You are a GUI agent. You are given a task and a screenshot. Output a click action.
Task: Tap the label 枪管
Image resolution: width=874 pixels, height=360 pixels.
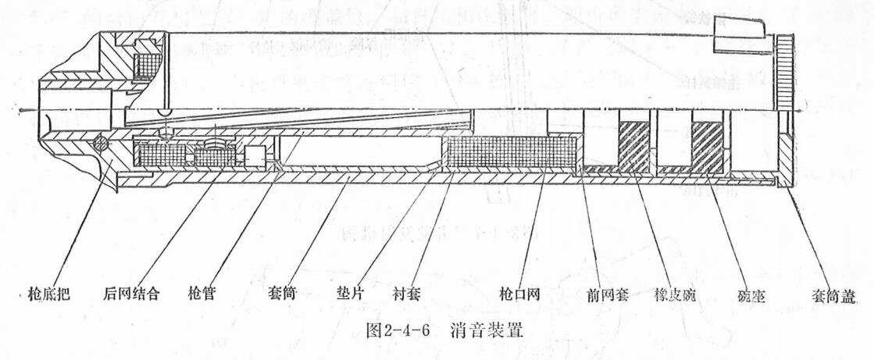click(202, 294)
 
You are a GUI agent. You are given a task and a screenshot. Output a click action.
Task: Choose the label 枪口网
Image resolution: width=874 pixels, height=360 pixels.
click(516, 295)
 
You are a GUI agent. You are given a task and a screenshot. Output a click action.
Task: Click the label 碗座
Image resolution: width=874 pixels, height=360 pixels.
click(750, 295)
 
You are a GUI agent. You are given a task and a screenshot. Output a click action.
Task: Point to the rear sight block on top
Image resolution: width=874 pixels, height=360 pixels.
click(739, 30)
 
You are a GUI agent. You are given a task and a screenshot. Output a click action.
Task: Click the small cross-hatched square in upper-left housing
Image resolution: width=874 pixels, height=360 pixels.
click(147, 59)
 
